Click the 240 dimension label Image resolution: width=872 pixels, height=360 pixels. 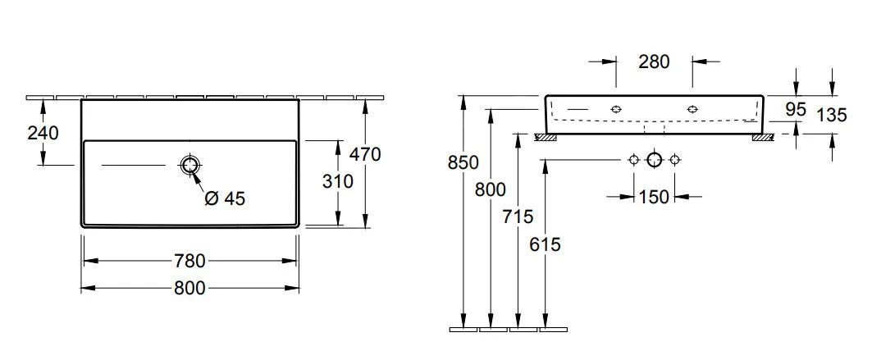click(x=43, y=132)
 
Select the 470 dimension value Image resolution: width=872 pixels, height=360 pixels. click(x=364, y=153)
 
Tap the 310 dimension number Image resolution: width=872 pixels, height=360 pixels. click(x=337, y=180)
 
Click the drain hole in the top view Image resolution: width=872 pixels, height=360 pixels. click(x=190, y=166)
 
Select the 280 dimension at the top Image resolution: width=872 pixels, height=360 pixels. click(x=654, y=62)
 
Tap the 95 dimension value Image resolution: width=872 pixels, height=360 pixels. click(x=796, y=109)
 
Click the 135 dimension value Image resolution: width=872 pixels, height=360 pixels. click(x=832, y=115)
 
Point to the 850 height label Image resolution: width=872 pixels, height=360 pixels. click(x=463, y=162)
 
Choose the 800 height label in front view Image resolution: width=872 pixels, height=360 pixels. click(x=491, y=189)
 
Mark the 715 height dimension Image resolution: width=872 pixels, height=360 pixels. click(x=518, y=216)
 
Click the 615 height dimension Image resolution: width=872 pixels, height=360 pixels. click(x=545, y=244)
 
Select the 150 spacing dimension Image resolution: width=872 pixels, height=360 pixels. click(x=654, y=197)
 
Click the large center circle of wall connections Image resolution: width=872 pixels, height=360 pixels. click(x=654, y=160)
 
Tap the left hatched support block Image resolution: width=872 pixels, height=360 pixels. click(x=546, y=137)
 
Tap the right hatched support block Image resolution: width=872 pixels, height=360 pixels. click(x=762, y=137)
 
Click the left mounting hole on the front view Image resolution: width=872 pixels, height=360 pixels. click(x=615, y=108)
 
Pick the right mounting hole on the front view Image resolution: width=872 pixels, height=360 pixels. click(x=692, y=108)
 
